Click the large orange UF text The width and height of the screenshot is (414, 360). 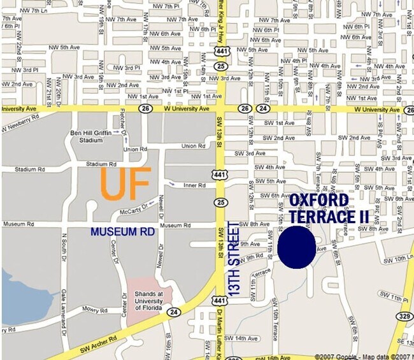126,184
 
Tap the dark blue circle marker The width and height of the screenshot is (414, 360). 297,247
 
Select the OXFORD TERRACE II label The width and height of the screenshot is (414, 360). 329,208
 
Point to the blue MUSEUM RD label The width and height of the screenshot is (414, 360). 122,232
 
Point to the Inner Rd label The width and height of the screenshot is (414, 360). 194,185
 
